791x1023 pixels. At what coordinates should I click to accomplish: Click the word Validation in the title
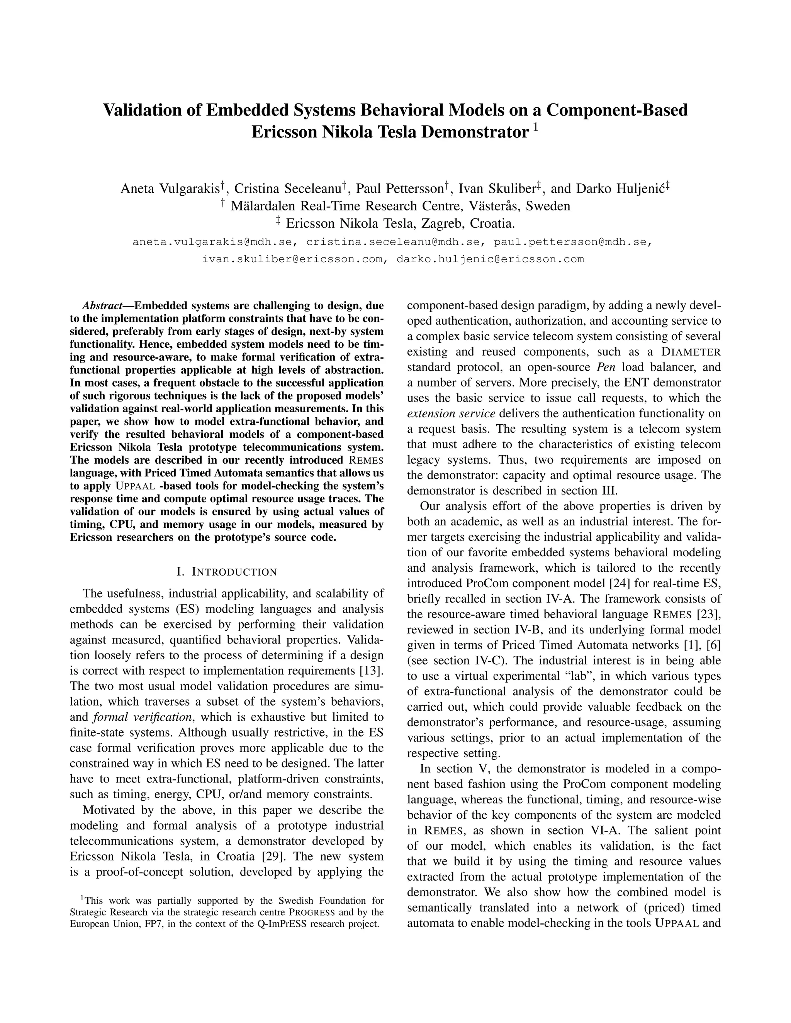click(149, 110)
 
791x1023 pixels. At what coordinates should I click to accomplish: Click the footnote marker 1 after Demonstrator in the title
click(536, 127)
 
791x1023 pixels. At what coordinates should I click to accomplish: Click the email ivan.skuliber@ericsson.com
click(292, 259)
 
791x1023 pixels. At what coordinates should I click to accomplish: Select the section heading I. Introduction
click(227, 572)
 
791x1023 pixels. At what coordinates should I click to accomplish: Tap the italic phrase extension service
click(451, 413)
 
